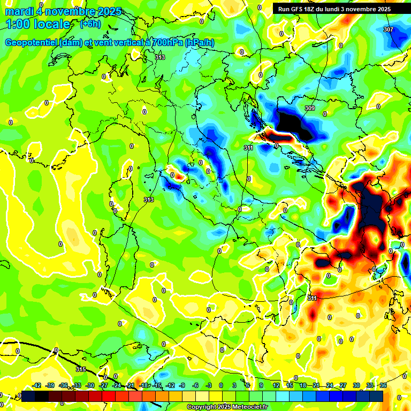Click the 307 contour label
[389, 29]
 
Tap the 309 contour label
[309, 109]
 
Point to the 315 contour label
[81, 369]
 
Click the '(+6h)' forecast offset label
[89, 24]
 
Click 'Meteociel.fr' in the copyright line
[250, 407]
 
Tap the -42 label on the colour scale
[37, 385]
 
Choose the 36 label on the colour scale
[383, 385]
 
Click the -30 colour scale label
[90, 385]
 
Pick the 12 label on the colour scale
[276, 385]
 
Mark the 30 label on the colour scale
[356, 385]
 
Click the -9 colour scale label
[182, 385]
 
